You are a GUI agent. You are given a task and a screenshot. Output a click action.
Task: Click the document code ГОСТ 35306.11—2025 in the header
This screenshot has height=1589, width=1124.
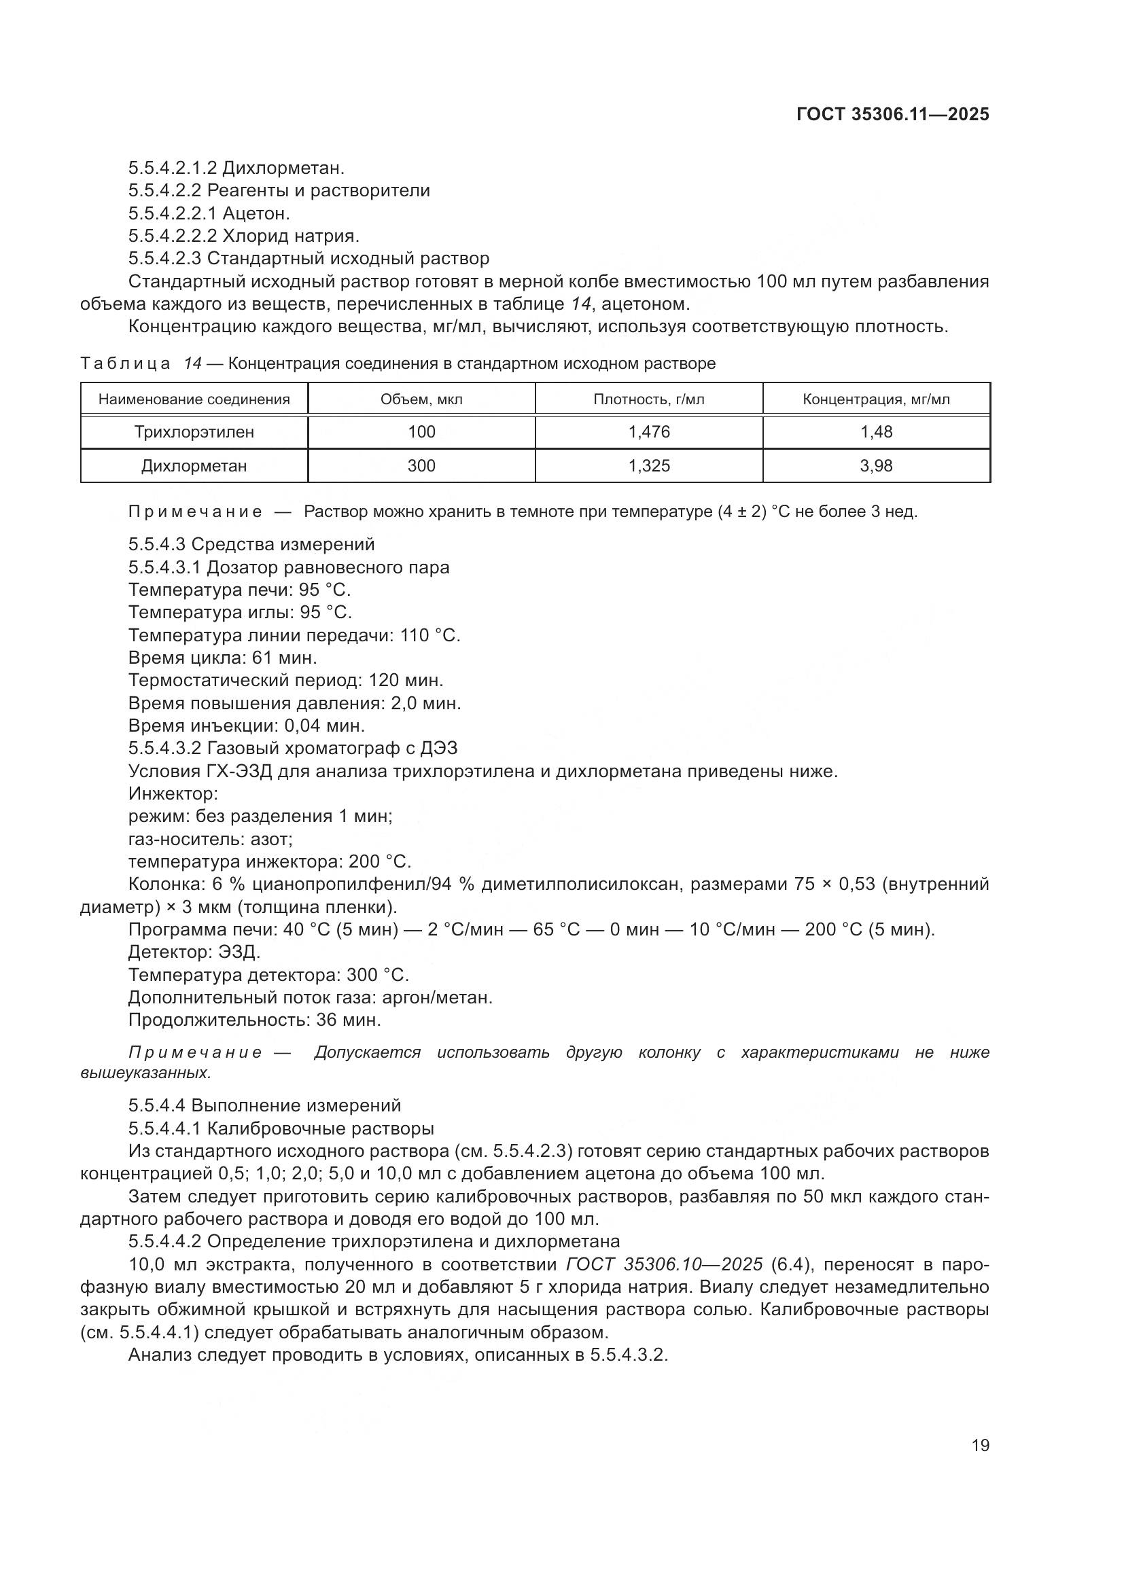tap(893, 114)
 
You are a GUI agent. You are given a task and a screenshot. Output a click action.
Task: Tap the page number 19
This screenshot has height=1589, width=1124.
tap(980, 1446)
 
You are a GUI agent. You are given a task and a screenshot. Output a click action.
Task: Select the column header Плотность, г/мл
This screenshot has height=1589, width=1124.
tap(648, 399)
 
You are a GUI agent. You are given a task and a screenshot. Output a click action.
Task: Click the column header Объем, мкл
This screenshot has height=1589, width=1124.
tap(421, 399)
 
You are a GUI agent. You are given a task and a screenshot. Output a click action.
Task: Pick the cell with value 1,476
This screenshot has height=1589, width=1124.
tap(648, 432)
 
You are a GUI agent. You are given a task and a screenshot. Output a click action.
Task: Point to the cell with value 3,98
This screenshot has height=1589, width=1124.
tap(876, 466)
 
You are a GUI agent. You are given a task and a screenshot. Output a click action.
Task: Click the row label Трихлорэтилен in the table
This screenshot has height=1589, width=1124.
tap(194, 432)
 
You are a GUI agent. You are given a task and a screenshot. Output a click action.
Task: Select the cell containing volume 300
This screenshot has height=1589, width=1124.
tap(421, 466)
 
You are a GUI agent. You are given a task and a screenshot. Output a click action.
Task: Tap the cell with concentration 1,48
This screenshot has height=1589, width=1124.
tap(876, 432)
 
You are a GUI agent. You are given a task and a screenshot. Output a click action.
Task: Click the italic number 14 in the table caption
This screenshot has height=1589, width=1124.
tap(192, 363)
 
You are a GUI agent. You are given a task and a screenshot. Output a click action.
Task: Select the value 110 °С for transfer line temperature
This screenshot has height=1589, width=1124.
tap(429, 635)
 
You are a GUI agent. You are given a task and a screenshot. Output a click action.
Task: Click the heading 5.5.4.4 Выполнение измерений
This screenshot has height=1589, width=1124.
tap(264, 1106)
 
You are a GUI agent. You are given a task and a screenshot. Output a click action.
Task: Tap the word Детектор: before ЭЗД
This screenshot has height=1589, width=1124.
tap(171, 952)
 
